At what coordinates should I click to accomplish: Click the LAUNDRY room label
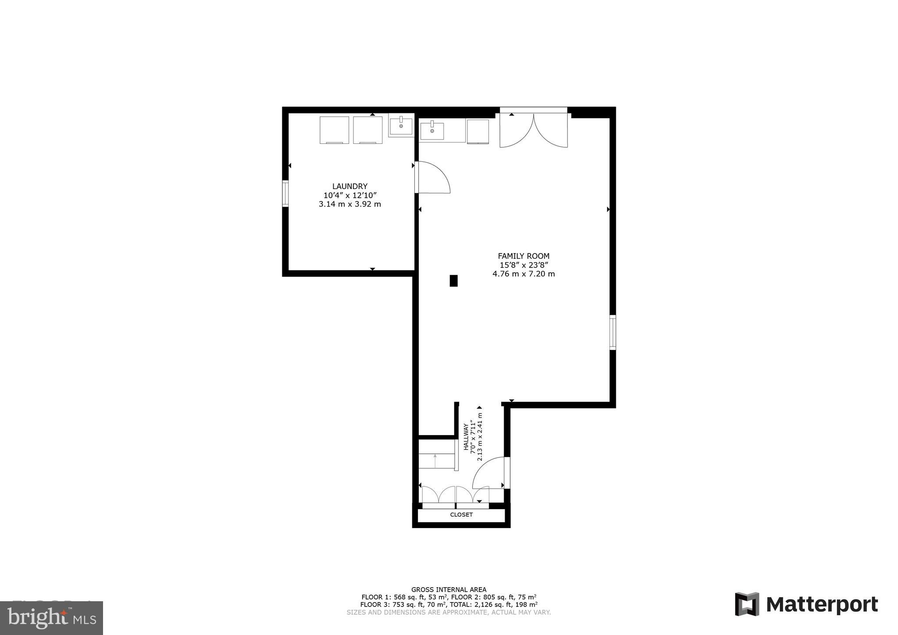click(x=349, y=186)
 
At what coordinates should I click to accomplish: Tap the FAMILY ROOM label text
click(x=524, y=256)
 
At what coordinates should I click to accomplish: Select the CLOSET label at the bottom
click(x=461, y=515)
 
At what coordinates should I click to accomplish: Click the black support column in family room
click(x=453, y=281)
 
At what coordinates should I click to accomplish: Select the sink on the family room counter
click(x=432, y=130)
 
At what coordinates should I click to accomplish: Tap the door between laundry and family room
click(x=432, y=178)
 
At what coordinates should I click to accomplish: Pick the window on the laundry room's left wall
click(x=285, y=193)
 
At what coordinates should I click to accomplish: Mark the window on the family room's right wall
click(x=613, y=332)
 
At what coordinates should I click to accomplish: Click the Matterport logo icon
click(x=747, y=604)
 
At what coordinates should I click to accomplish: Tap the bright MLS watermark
click(x=51, y=618)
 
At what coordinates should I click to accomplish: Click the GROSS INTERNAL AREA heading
click(x=449, y=590)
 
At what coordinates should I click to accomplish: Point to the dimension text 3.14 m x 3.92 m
click(x=349, y=204)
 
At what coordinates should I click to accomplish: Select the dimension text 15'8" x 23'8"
click(x=524, y=265)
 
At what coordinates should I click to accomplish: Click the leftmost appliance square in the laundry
click(x=334, y=130)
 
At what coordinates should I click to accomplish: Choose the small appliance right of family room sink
click(x=478, y=132)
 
